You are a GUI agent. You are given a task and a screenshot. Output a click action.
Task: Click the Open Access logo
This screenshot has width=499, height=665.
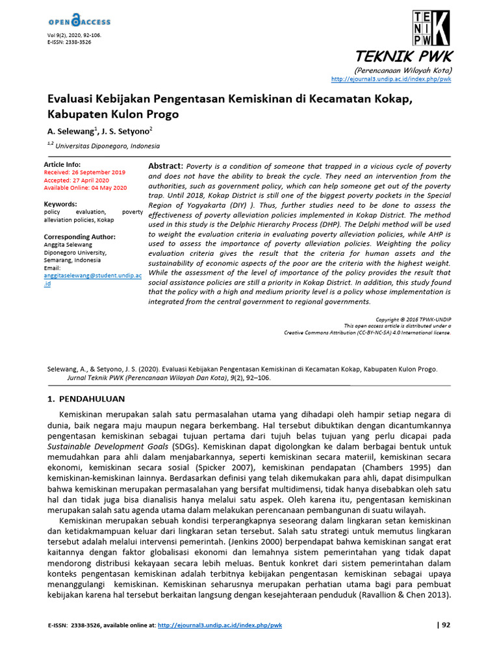click(79, 21)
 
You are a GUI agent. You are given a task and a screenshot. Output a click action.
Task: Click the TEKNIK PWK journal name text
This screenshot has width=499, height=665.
click(404, 56)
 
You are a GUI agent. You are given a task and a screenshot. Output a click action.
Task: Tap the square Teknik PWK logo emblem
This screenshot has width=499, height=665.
click(430, 29)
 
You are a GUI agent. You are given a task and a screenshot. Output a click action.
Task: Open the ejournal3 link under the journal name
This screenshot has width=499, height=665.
click(390, 79)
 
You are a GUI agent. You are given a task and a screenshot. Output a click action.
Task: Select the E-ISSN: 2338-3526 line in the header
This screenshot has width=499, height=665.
click(69, 42)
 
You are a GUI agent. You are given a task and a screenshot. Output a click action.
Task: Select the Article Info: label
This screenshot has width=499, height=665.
click(62, 164)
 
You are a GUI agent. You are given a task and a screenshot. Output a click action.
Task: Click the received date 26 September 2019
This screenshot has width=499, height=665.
click(103, 172)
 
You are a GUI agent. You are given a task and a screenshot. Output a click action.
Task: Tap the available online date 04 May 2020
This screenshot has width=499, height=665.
click(104, 188)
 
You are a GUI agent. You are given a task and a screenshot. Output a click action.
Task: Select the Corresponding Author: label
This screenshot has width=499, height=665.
click(79, 237)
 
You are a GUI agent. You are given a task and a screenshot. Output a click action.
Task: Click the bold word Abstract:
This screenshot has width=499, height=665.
click(166, 166)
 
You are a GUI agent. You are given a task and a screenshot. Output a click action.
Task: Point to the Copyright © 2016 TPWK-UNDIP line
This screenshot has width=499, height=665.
click(413, 320)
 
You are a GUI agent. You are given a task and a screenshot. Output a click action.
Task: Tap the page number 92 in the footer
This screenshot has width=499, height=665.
click(445, 625)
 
